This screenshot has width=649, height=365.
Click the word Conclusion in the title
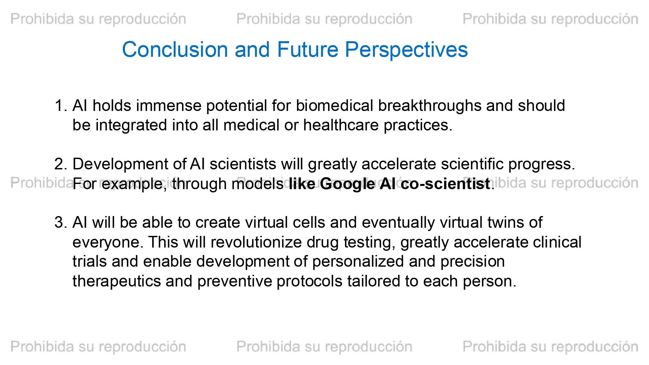(x=175, y=50)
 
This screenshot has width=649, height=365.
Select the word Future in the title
(x=307, y=50)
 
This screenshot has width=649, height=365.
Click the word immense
(x=171, y=106)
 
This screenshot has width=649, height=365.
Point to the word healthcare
(x=341, y=125)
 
